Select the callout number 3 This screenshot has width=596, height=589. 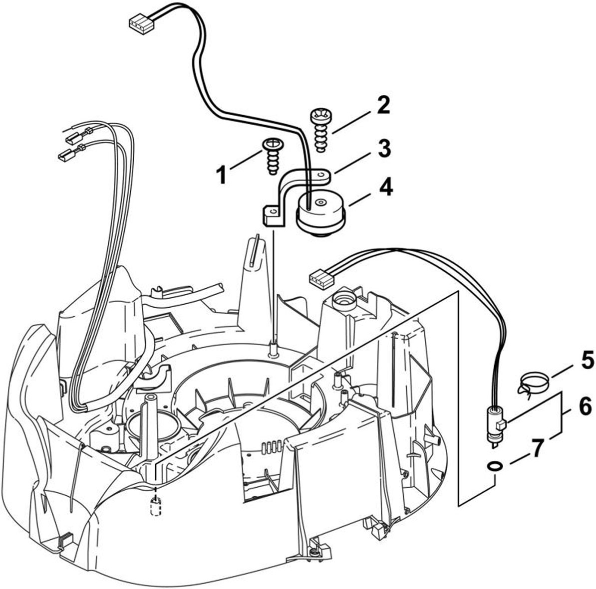point(384,148)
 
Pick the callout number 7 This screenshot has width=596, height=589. point(536,448)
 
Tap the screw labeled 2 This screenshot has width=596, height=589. point(321,130)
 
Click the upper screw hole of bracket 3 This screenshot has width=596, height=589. point(321,175)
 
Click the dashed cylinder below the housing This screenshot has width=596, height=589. point(155,507)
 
